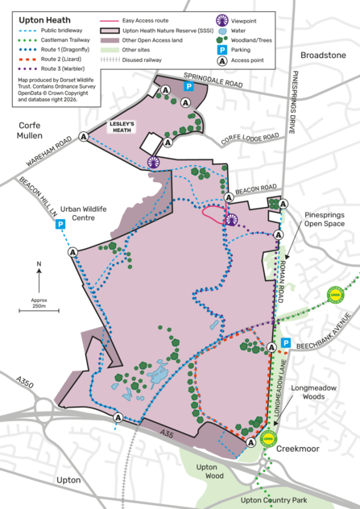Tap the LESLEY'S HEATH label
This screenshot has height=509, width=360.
126,126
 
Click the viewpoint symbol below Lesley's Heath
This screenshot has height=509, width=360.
154,162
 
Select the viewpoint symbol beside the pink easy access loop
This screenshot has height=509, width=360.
232,220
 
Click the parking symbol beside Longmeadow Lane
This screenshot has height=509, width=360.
285,344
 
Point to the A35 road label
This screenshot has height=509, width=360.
166,434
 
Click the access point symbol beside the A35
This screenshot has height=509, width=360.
118,417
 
